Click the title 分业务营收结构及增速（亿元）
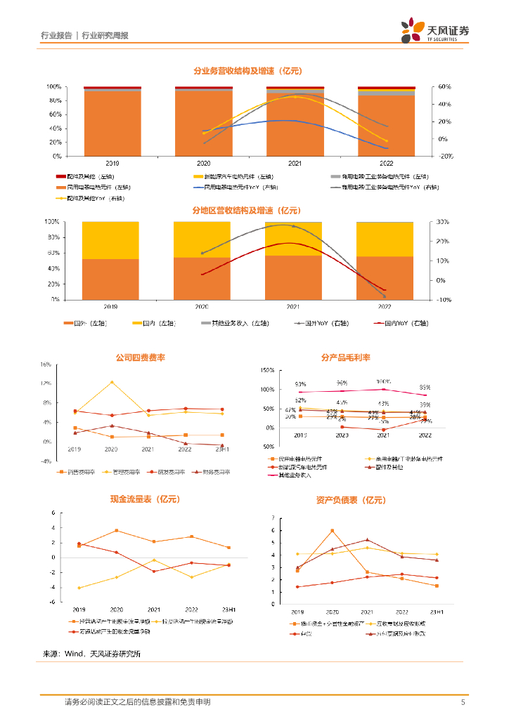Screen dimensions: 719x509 247,71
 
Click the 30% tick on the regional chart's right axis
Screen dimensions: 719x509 442,222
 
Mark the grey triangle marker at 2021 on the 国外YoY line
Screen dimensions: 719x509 293,226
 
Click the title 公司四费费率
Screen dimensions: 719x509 140,357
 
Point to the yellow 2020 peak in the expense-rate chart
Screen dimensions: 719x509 111,383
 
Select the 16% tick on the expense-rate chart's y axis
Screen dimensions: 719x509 46,365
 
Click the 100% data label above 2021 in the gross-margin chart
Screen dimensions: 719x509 382,381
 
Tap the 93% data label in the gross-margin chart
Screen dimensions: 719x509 300,385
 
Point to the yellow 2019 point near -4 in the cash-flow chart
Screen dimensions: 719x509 79,588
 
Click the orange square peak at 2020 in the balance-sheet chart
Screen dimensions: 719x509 332,531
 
